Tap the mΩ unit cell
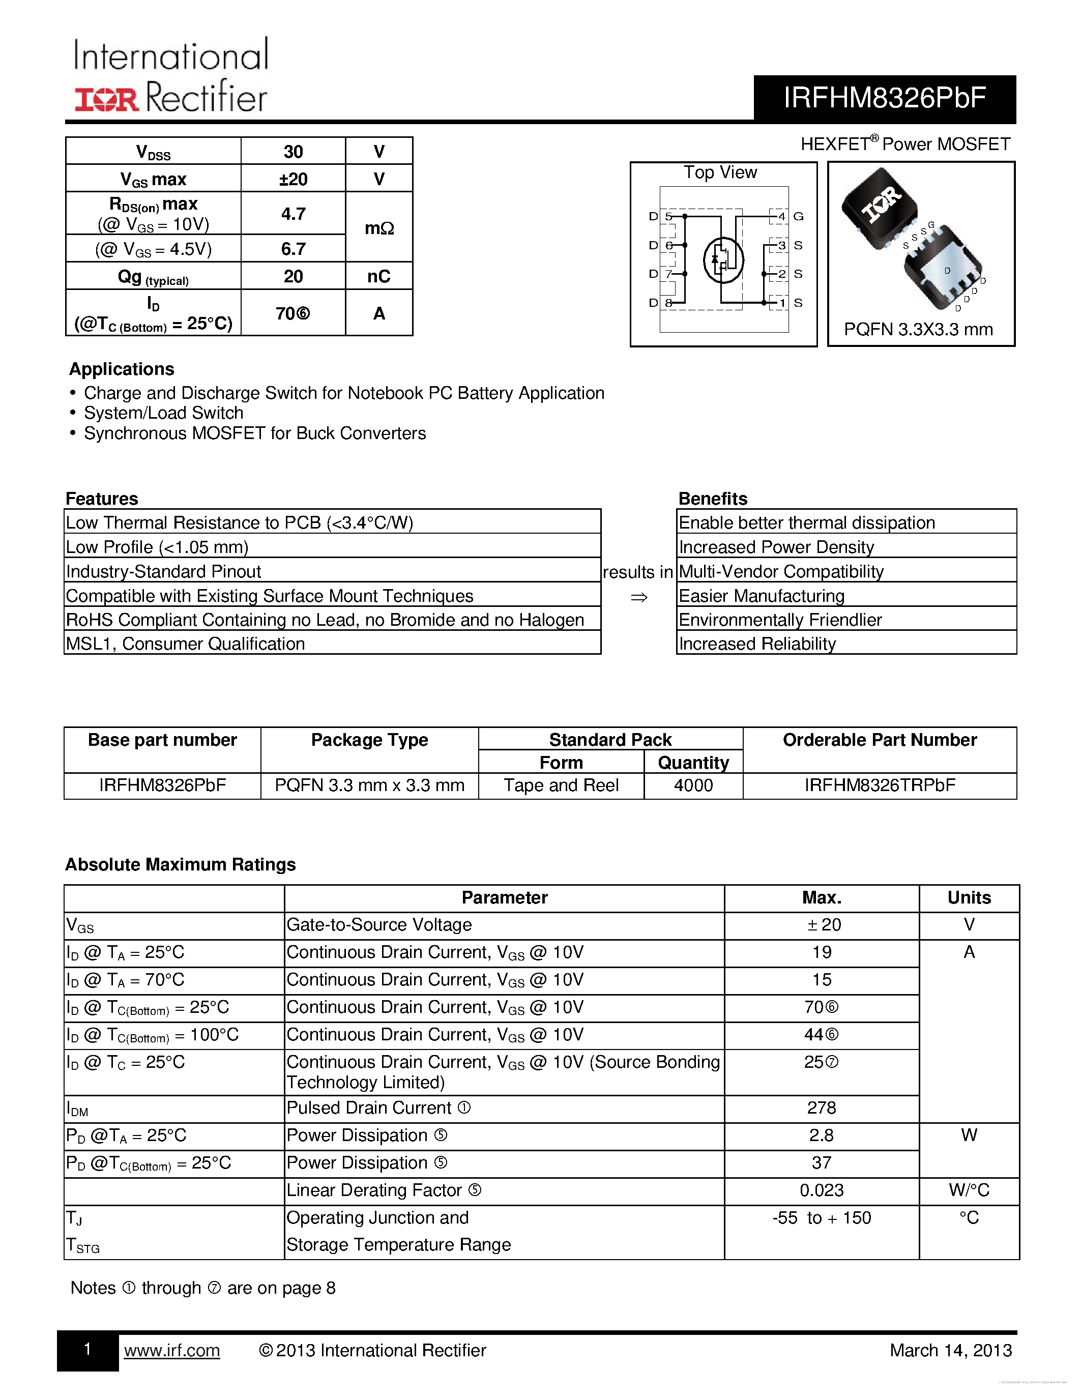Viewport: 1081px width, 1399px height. [378, 228]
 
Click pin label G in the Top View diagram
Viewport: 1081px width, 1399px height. [798, 217]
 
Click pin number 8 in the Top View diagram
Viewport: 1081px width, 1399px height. [668, 302]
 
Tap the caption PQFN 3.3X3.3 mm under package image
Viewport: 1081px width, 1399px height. [918, 329]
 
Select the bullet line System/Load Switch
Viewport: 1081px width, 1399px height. [163, 413]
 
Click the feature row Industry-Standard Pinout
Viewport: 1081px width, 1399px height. [163, 571]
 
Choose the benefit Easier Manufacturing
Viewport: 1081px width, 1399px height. [762, 596]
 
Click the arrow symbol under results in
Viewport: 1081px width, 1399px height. [638, 598]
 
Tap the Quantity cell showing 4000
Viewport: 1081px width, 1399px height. [693, 785]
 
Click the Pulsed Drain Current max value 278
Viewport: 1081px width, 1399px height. [821, 1107]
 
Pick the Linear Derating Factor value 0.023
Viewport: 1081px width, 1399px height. [821, 1190]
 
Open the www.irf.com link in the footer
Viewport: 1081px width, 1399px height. [171, 1350]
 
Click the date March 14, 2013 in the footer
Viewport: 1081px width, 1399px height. [950, 1350]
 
